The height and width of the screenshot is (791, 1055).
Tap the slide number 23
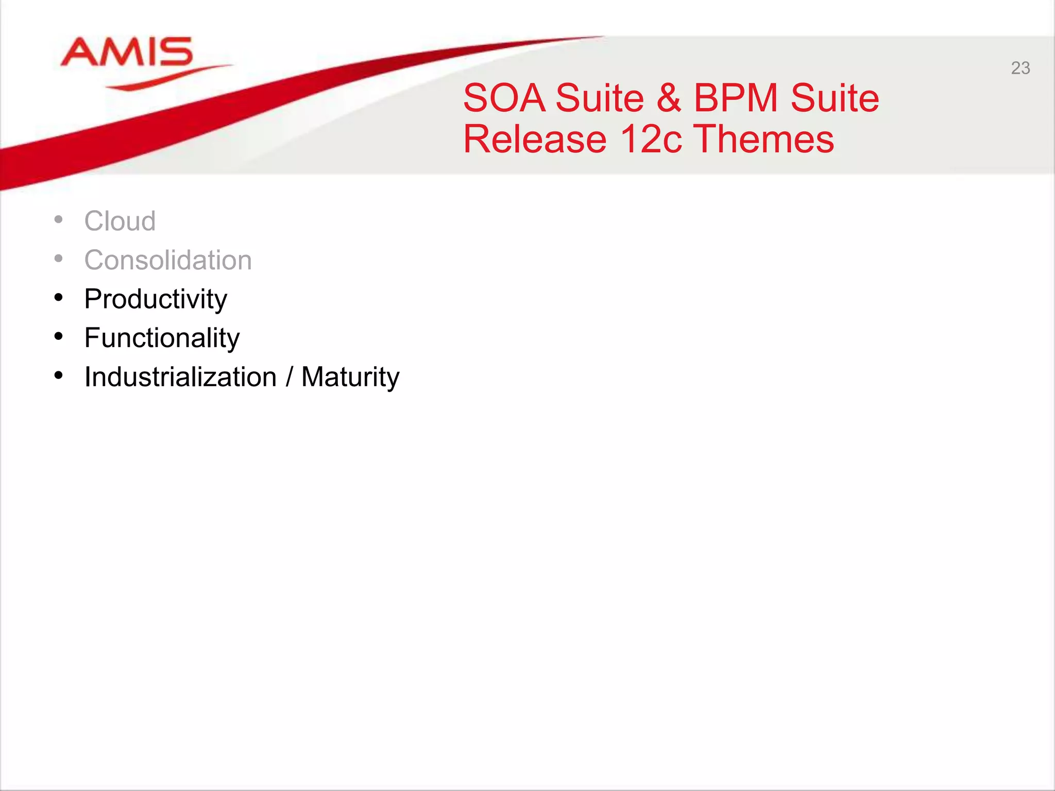[1020, 68]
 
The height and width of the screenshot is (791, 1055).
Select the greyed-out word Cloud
[120, 221]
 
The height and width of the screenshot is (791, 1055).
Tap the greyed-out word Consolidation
[168, 260]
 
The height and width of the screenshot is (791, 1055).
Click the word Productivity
[156, 299]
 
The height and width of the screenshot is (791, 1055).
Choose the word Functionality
[162, 338]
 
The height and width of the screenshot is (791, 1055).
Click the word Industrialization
[180, 377]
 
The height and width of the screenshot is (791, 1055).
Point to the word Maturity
[350, 377]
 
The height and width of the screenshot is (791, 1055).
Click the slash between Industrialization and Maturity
[289, 377]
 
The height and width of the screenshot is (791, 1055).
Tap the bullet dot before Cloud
[59, 220]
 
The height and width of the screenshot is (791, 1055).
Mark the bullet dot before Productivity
[59, 298]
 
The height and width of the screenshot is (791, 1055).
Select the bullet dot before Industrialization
[59, 376]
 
